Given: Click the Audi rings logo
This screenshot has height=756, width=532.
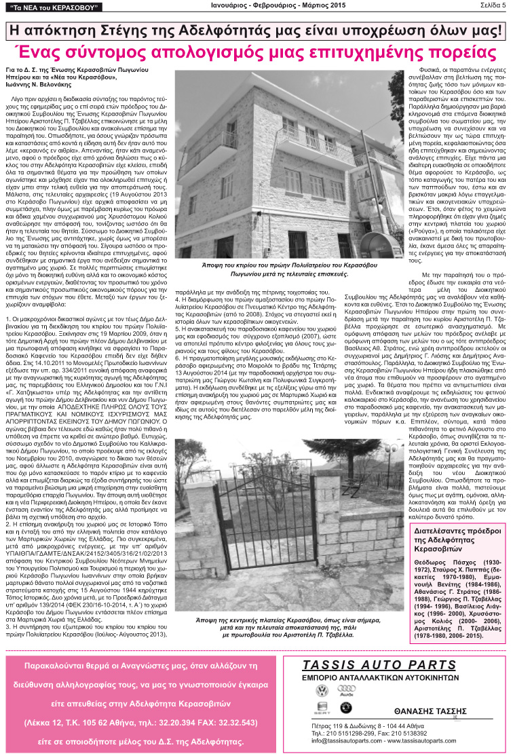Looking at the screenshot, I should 345,692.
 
